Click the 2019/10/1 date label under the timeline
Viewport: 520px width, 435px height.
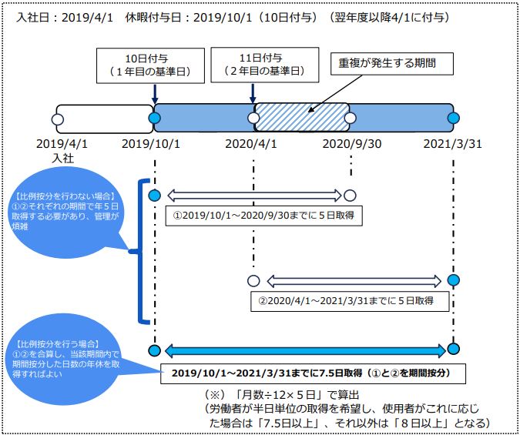tap(150, 144)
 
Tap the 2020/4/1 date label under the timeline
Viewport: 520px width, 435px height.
tap(250, 144)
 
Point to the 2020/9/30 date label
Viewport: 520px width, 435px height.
tap(352, 144)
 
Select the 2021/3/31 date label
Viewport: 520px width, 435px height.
tap(452, 144)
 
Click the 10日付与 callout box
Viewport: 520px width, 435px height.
tap(150, 65)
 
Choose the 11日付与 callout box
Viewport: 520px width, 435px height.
tap(265, 65)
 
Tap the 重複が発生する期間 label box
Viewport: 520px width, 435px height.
tap(391, 63)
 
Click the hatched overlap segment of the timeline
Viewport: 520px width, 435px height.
tap(301, 118)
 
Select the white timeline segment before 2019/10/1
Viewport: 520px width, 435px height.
tap(105, 119)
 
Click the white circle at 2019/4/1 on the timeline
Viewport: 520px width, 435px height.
tap(58, 119)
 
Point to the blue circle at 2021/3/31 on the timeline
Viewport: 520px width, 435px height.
tap(453, 118)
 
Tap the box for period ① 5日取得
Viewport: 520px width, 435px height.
tap(263, 216)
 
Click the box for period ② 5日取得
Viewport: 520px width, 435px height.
tap(350, 301)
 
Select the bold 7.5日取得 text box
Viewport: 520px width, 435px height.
tap(313, 373)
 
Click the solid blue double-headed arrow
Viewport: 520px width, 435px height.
tap(305, 351)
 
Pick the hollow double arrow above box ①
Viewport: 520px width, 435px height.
tap(254, 196)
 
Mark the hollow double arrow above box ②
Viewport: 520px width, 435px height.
tap(354, 281)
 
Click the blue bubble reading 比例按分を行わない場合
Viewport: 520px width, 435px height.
tap(65, 212)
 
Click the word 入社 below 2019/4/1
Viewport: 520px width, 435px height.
tap(63, 158)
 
